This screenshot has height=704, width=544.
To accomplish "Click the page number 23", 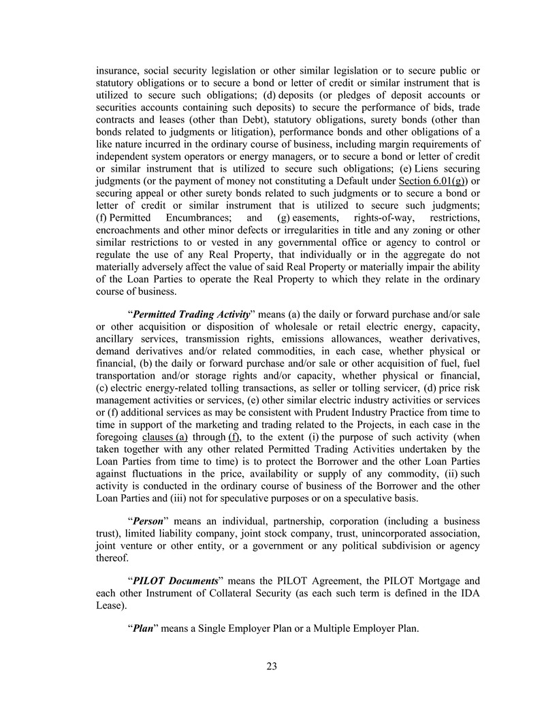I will coord(272,667).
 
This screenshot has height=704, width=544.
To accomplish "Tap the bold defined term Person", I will coord(149,521).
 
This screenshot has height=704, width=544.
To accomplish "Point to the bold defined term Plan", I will coord(142,628).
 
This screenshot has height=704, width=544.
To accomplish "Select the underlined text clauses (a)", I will coord(165,437).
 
